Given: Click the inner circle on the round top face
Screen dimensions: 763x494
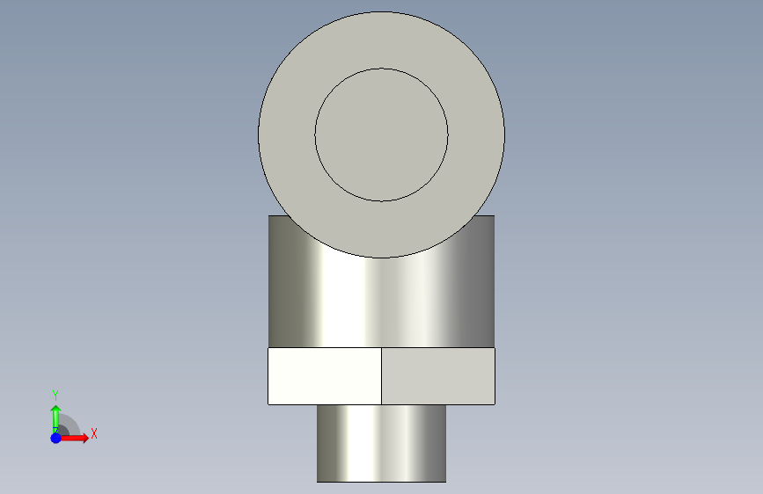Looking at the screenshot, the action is click(x=382, y=134).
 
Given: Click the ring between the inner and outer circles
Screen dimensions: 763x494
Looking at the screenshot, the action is click(x=287, y=134).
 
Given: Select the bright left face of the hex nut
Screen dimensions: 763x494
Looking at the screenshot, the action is click(x=325, y=376).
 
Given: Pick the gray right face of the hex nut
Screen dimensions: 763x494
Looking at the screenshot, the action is click(x=438, y=376).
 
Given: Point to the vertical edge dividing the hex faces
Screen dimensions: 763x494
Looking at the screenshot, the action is click(x=382, y=376).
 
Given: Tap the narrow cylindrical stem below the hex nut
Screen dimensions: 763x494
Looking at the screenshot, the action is click(x=382, y=443).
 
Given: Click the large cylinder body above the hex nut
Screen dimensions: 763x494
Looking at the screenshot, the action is click(x=382, y=302).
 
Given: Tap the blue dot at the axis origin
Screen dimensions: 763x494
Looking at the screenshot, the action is click(x=56, y=438).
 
